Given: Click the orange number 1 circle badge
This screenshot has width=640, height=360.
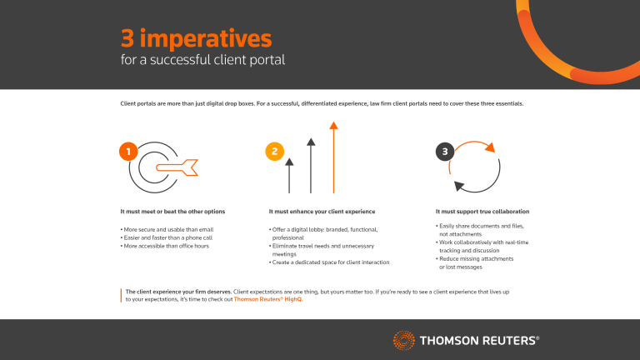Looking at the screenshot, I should pyautogui.click(x=128, y=151).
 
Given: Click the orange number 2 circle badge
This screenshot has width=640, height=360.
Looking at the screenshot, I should pyautogui.click(x=273, y=151).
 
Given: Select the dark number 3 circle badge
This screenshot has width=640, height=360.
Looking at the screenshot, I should pyautogui.click(x=447, y=151).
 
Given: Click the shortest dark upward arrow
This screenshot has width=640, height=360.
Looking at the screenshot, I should pyautogui.click(x=290, y=174).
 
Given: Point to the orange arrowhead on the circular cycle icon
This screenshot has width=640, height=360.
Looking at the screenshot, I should pyautogui.click(x=490, y=147).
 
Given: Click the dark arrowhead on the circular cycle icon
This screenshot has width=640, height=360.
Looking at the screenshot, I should pyautogui.click(x=457, y=187).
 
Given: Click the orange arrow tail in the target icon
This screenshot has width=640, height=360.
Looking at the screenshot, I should pyautogui.click(x=191, y=167).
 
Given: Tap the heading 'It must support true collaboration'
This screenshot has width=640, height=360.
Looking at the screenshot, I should pyautogui.click(x=482, y=212).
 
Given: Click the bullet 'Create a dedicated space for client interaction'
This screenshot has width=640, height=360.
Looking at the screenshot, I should pyautogui.click(x=329, y=262).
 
